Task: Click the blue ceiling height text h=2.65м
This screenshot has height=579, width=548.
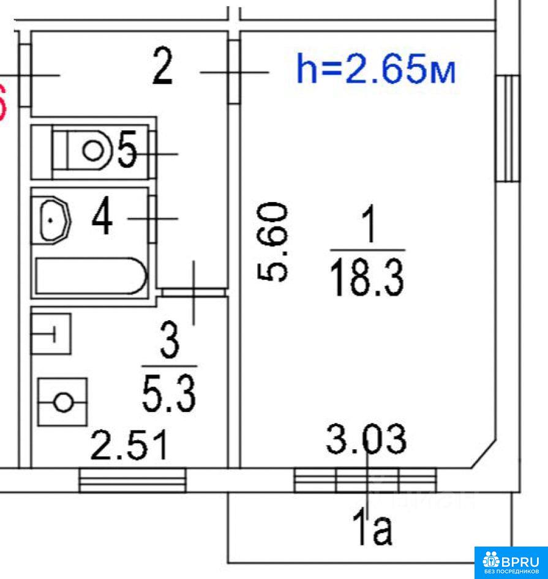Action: click(x=376, y=69)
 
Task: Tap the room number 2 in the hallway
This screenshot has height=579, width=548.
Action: click(x=162, y=67)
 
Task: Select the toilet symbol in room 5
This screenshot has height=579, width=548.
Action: click(x=82, y=151)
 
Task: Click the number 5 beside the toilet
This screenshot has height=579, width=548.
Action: click(x=127, y=149)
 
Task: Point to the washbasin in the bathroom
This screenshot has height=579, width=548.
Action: click(x=55, y=220)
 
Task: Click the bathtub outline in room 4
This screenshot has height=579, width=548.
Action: click(x=91, y=276)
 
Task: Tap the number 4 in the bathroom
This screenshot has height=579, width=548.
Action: click(x=102, y=215)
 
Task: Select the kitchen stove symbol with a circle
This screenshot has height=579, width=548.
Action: click(x=63, y=402)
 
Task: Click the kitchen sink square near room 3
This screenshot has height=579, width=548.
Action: click(x=51, y=334)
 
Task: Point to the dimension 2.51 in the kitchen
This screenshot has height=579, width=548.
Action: click(x=129, y=446)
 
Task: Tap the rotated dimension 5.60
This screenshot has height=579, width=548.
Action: click(x=272, y=242)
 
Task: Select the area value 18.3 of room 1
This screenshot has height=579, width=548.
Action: click(x=367, y=278)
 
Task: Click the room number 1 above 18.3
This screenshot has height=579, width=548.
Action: click(x=369, y=224)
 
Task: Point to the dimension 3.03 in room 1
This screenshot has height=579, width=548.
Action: click(x=366, y=439)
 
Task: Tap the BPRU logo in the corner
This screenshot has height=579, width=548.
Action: click(x=511, y=562)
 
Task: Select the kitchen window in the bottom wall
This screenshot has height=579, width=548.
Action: click(x=133, y=480)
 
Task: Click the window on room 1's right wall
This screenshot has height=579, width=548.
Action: click(x=508, y=128)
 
